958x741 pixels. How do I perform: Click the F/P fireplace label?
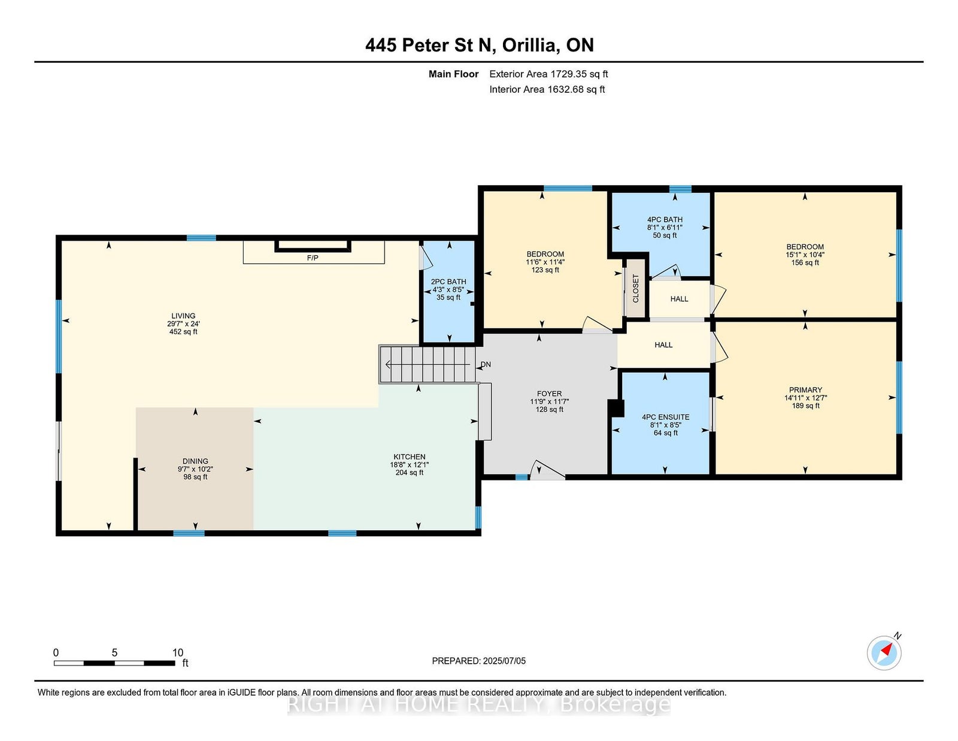[x=313, y=258]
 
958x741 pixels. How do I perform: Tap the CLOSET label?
[x=635, y=289]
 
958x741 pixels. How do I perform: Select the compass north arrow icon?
[x=884, y=653]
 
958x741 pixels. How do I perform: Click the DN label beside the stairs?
[x=486, y=364]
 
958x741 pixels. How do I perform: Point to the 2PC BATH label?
[x=448, y=282]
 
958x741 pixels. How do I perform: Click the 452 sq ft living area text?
[x=183, y=332]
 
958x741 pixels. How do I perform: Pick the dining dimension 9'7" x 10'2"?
[x=195, y=469]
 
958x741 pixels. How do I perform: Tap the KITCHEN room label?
[x=410, y=457]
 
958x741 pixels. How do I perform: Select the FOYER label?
[x=549, y=394]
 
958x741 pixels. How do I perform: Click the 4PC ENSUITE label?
[x=666, y=418]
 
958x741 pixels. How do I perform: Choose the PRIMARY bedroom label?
[x=805, y=390]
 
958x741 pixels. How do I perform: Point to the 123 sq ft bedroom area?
[x=545, y=270]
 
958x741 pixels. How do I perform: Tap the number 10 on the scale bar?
[x=178, y=653]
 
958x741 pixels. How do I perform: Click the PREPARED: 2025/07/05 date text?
[x=479, y=661]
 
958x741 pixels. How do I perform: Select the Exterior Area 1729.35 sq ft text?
[x=548, y=74]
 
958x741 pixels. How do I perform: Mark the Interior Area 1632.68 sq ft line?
[x=547, y=89]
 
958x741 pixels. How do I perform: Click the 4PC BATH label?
[x=665, y=220]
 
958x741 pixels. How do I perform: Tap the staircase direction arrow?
[x=428, y=364]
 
